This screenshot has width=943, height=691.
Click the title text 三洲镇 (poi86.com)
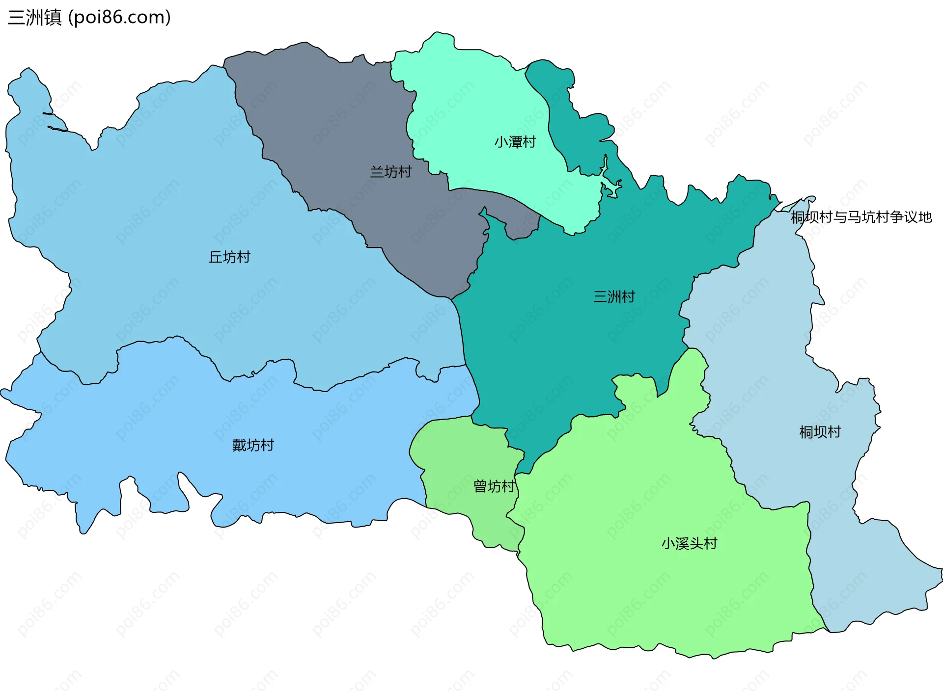click(89, 17)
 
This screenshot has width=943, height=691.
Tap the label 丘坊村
click(229, 257)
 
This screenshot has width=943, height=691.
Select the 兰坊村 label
click(390, 172)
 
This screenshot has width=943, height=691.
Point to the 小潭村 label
click(515, 142)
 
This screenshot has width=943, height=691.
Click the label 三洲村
click(614, 296)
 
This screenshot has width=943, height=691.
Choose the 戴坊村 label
click(253, 445)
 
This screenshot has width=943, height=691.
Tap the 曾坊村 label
click(494, 486)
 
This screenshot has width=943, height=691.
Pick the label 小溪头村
click(689, 543)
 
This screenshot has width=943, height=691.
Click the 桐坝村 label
click(820, 432)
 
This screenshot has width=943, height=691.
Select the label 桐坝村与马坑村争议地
click(861, 217)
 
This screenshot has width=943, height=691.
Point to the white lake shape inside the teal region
click(610, 186)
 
